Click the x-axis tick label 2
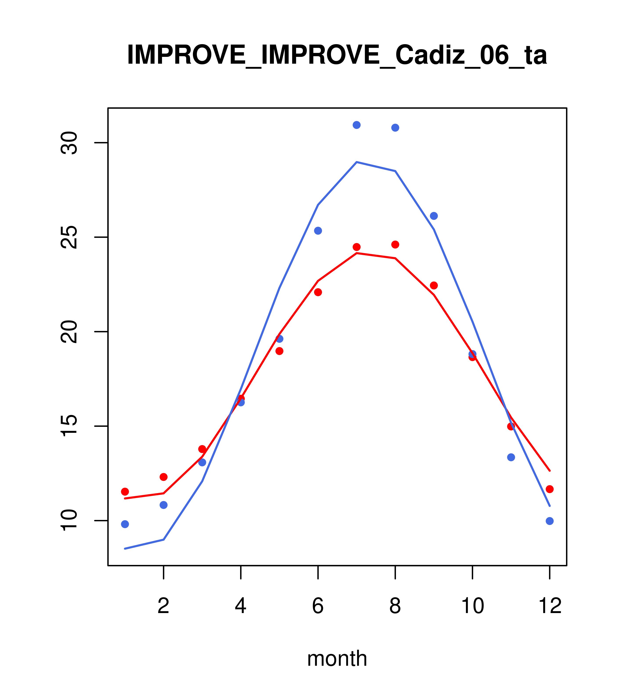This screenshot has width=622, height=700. tap(164, 606)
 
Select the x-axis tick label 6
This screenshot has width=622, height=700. tap(318, 606)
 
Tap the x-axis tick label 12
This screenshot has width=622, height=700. tap(550, 606)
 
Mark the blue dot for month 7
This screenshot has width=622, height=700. tap(357, 125)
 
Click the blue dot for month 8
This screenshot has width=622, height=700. tap(395, 128)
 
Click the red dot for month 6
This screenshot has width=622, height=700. tap(318, 292)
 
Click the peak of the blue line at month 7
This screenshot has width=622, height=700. tap(357, 162)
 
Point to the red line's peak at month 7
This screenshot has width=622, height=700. tap(357, 253)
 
